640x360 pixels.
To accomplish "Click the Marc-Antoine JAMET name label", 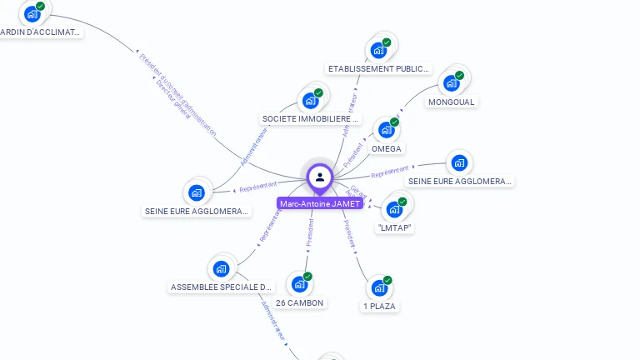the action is [x=320, y=203].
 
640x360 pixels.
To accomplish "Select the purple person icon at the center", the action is [x=320, y=177].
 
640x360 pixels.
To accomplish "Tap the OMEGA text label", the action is [x=387, y=149].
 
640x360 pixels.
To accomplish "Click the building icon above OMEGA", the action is [x=385, y=130].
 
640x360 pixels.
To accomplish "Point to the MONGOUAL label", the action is [x=451, y=102].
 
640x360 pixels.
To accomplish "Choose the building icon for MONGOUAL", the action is [x=452, y=83].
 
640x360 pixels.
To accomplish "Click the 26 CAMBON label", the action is [x=300, y=302].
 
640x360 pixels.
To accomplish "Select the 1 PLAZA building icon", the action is [x=379, y=288].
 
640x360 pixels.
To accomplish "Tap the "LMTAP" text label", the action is [x=395, y=227].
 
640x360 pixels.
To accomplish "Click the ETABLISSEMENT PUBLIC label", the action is [x=379, y=69].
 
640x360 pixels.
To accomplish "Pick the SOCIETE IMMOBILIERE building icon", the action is [x=311, y=101].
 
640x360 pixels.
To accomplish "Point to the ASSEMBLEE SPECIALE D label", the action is [x=221, y=287].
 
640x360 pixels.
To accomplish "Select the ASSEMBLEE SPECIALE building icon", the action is [x=221, y=268].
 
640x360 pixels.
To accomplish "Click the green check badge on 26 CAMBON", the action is [x=307, y=277].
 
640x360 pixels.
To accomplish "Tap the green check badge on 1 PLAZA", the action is [x=387, y=280].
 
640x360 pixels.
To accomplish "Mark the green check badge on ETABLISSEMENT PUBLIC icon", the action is [x=387, y=42].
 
